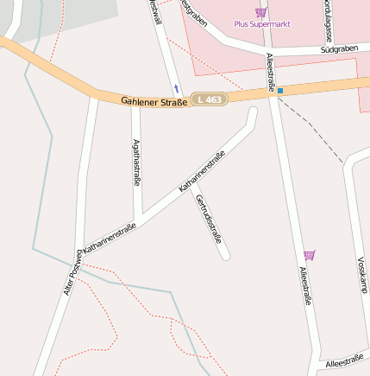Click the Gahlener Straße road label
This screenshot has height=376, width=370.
pyautogui.click(x=154, y=102)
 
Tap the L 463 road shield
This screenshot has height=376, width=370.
pyautogui.click(x=209, y=99)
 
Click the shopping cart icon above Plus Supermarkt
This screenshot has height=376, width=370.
pyautogui.click(x=260, y=11)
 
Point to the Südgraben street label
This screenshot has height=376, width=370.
pyautogui.click(x=338, y=50)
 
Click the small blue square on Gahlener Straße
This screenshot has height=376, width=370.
pyautogui.click(x=280, y=91)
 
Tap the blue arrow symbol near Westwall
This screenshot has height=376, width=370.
pyautogui.click(x=177, y=88)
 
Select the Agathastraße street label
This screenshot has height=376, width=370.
pyautogui.click(x=136, y=162)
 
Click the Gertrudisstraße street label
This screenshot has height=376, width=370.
pyautogui.click(x=210, y=219)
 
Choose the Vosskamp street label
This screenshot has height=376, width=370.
pyautogui.click(x=362, y=275)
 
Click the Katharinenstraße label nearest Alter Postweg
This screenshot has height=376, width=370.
pyautogui.click(x=110, y=236)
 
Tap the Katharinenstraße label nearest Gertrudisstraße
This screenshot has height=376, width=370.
pyautogui.click(x=202, y=171)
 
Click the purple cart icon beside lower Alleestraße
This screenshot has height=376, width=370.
pyautogui.click(x=310, y=255)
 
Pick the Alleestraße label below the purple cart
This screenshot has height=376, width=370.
pyautogui.click(x=304, y=286)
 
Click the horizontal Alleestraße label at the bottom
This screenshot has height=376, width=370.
pyautogui.click(x=343, y=363)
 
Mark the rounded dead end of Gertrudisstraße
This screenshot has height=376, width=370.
pyautogui.click(x=225, y=255)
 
